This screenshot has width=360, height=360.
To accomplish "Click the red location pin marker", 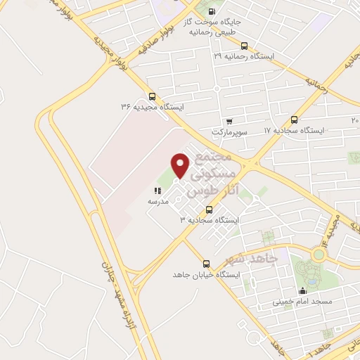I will [x=181, y=165].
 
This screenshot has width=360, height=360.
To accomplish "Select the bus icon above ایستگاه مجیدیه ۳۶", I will [x=153, y=96].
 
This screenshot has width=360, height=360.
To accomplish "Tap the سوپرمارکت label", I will [x=231, y=131].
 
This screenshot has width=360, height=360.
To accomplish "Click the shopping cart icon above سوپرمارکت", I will [x=231, y=120].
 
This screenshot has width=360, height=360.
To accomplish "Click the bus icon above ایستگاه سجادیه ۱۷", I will [x=294, y=120].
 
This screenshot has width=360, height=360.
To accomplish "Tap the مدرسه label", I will [x=157, y=201].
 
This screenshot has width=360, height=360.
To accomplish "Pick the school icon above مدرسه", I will [x=157, y=191].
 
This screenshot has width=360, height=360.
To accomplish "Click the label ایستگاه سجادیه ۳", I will [x=210, y=220].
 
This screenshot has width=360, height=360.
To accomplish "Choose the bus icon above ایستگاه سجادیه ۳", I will [x=209, y=210].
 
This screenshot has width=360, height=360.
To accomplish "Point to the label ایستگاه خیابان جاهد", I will [x=207, y=274].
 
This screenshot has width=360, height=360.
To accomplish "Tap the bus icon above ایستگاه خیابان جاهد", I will [x=206, y=264].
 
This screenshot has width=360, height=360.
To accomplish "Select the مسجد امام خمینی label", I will [x=303, y=302].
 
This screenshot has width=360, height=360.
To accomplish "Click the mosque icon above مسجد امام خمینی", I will [x=303, y=290].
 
